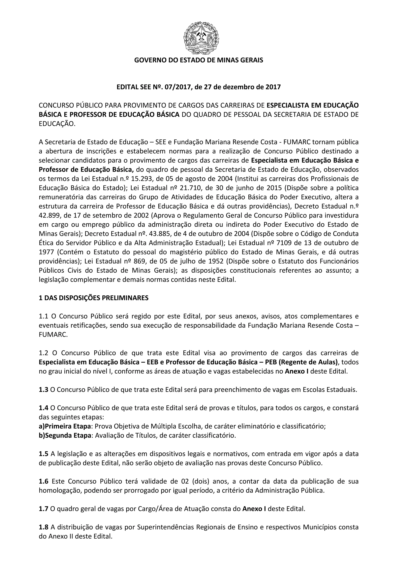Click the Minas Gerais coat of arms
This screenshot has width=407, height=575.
coord(201,37)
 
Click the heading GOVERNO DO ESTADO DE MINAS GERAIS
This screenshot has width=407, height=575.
coord(199,60)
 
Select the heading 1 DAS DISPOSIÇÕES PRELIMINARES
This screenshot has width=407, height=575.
coord(94,298)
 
